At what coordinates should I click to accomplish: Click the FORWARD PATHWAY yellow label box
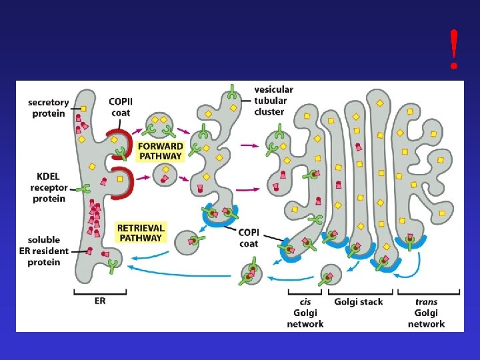pos(159,151)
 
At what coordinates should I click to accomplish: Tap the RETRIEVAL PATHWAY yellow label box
pos(141,233)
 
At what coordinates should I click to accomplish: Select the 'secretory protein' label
pos(48,107)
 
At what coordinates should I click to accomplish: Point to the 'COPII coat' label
pos(120,107)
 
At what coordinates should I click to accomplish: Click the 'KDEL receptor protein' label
pos(48,187)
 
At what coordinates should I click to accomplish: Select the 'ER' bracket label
pos(99,301)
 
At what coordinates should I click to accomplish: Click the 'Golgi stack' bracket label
pos(359,302)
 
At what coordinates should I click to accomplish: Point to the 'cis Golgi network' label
pos(306,313)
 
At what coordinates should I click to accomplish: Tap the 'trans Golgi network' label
pos(426,313)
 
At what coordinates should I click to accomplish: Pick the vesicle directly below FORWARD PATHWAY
pos(163,175)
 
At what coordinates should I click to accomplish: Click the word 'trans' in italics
pos(427,302)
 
